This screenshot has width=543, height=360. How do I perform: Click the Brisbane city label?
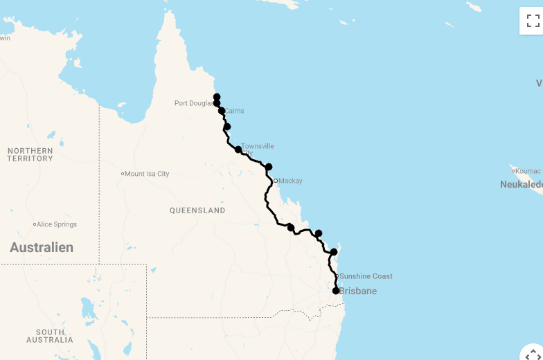pos(359,291)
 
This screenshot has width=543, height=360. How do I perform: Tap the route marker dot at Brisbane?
pos(336,291)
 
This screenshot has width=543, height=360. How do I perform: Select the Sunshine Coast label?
pos(366,276)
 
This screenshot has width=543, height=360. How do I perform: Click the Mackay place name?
pos(291,181)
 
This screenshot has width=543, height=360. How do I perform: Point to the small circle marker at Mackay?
pos(275,181)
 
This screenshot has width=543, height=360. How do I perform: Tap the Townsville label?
pos(257,146)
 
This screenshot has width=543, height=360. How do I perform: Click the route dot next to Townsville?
pos(238,150)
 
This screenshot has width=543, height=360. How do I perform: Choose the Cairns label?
pos(234,111)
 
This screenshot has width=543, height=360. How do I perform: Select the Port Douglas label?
pos(194,104)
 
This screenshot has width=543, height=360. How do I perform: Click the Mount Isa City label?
pos(147,174)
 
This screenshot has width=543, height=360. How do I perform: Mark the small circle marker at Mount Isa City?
pos(123,174)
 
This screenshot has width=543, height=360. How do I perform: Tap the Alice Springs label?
pos(57,224)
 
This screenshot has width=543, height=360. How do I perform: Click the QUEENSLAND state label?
pos(197,210)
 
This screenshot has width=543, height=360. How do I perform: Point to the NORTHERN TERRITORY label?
pos(30,154)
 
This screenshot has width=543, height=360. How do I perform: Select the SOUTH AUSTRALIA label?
pos(50,336)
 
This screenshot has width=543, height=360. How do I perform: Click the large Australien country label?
pos(42,247)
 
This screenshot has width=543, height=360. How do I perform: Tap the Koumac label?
pos(528,171)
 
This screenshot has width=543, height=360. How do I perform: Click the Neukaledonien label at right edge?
pos(522,185)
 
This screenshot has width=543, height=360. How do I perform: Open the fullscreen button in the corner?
pos(533,21)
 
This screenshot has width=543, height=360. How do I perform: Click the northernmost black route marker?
pos(217,97)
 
